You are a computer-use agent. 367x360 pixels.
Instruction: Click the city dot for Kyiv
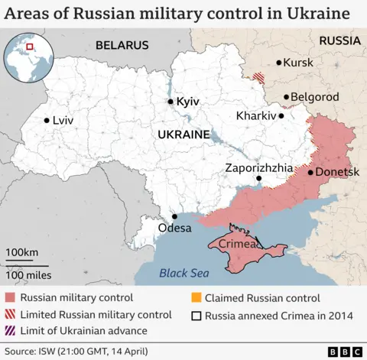point(171,101)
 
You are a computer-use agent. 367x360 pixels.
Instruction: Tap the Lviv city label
point(63,120)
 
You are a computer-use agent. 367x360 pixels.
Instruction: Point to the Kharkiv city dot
point(281,115)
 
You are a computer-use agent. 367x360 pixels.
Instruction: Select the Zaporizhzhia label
point(258,167)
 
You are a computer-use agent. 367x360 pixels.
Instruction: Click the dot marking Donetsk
point(310,172)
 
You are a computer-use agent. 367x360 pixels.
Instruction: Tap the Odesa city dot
point(174,216)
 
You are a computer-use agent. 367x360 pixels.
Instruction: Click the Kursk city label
point(298,62)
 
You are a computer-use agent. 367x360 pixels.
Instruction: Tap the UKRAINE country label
point(183,134)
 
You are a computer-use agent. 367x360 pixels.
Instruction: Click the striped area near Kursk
point(260,77)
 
